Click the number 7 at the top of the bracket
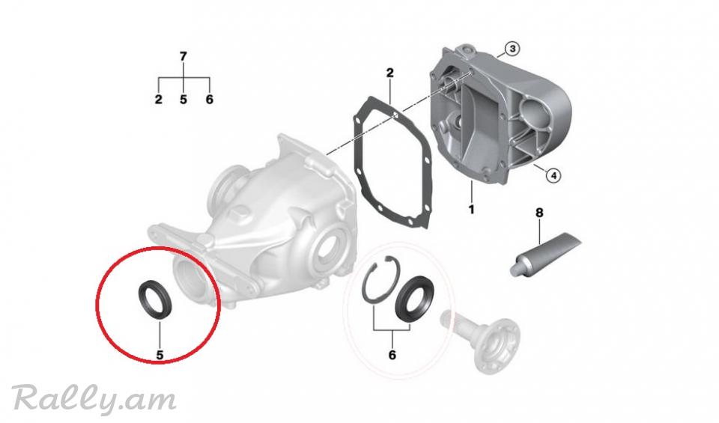183,56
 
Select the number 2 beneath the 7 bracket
159,99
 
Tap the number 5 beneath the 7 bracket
183,99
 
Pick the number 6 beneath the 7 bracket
210,99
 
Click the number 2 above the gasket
389,73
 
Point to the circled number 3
512,49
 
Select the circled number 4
553,174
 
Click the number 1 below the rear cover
471,210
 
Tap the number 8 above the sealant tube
539,213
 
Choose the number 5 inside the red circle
160,355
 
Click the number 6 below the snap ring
392,355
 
